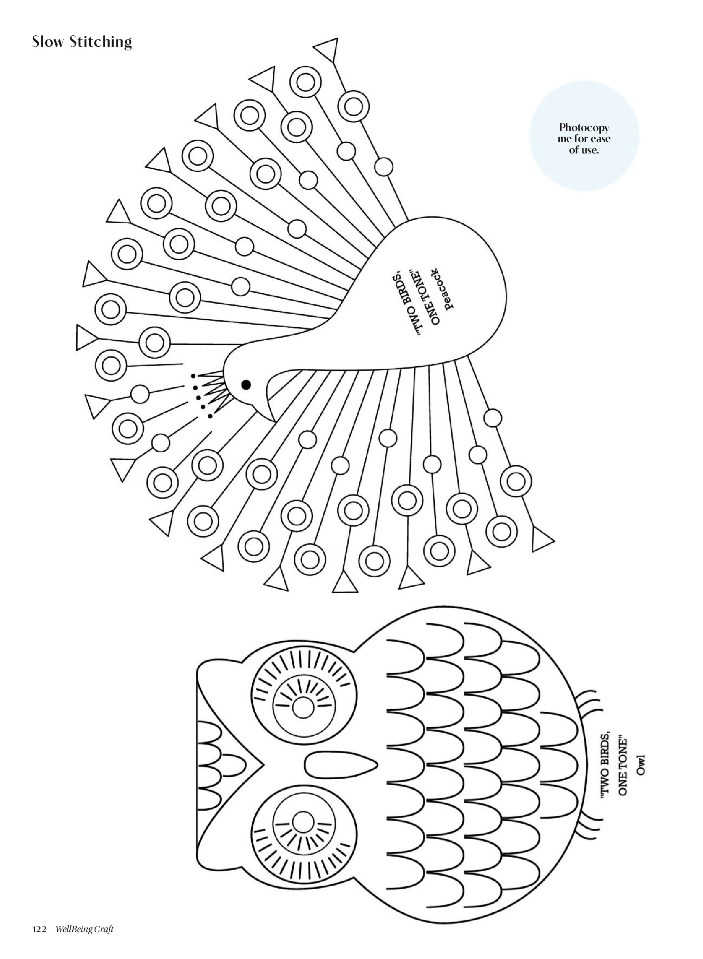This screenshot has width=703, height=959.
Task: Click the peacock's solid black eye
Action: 246,385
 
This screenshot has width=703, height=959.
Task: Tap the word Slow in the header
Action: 48,42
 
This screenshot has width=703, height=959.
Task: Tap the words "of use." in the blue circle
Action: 584,150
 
